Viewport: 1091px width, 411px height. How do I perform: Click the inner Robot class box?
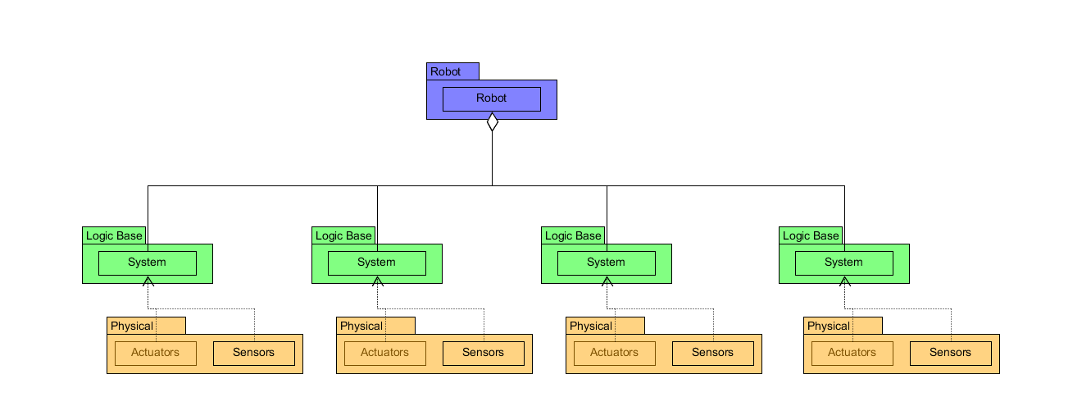pyautogui.click(x=491, y=98)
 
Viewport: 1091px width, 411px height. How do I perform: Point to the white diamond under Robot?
pyautogui.click(x=492, y=123)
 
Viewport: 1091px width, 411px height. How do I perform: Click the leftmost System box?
pyautogui.click(x=148, y=263)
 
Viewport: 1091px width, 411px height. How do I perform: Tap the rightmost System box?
pyautogui.click(x=843, y=263)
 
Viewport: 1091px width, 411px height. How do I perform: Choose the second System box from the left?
pyautogui.click(x=377, y=263)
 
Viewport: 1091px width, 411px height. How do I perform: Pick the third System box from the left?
pyautogui.click(x=606, y=263)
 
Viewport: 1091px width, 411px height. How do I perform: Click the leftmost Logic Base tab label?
pyautogui.click(x=114, y=235)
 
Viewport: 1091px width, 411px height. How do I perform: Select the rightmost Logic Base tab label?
pyautogui.click(x=811, y=235)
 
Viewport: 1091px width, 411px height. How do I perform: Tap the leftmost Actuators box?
pyautogui.click(x=156, y=353)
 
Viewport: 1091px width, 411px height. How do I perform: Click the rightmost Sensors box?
pyautogui.click(x=950, y=353)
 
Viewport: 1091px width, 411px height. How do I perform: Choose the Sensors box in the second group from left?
pyautogui.click(x=484, y=353)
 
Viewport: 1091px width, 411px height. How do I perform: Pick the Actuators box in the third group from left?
pyautogui.click(x=614, y=353)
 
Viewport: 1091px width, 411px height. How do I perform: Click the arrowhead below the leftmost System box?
pyautogui.click(x=148, y=281)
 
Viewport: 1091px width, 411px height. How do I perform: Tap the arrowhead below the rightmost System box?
pyautogui.click(x=844, y=281)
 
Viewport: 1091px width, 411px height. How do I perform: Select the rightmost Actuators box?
pyautogui.click(x=852, y=353)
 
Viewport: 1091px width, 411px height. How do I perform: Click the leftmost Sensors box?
pyautogui.click(x=254, y=353)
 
